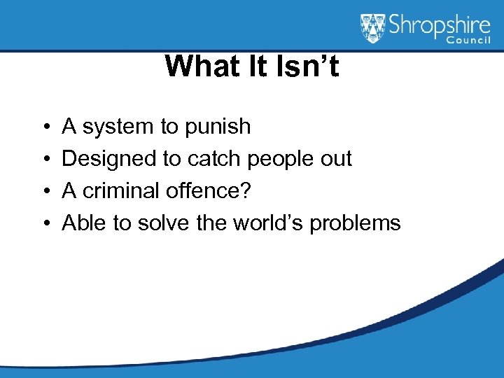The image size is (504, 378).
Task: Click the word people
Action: (283, 160)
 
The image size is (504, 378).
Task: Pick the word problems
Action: (355, 224)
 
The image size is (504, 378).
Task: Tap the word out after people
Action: (337, 160)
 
